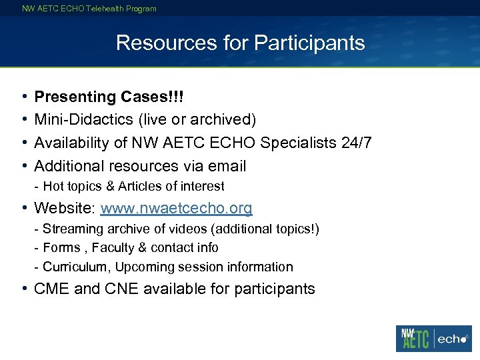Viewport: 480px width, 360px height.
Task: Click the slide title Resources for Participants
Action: coord(240,43)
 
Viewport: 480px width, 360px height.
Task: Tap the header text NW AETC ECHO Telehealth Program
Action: coord(89,9)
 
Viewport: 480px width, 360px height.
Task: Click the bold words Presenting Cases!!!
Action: coord(109,97)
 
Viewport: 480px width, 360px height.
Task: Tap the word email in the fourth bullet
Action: coord(227,166)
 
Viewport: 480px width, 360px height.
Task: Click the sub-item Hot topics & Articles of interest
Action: coord(133,187)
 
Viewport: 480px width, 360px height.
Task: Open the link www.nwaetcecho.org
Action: coord(176,208)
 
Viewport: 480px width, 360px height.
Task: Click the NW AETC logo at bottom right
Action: coord(414,338)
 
